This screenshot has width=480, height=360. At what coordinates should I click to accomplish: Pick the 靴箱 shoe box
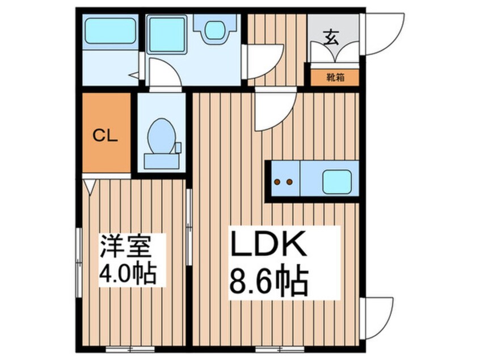(x=335, y=77)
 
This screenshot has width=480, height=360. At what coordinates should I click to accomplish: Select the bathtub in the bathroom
(x=110, y=32)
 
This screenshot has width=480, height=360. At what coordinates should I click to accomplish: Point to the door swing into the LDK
(x=273, y=111)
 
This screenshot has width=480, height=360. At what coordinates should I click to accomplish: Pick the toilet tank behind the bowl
(x=161, y=161)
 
